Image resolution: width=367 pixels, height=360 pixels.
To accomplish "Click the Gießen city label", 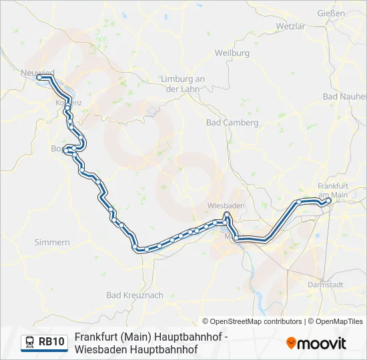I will (x=331, y=13).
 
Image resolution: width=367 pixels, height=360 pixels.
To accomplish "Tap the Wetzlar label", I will (x=290, y=26).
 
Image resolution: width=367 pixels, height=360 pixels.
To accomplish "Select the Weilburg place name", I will (x=232, y=53).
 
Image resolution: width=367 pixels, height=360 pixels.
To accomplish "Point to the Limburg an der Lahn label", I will (x=182, y=83).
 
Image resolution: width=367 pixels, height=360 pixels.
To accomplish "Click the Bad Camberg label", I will (x=232, y=123).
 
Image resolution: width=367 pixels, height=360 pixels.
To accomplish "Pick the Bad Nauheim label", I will (x=343, y=97).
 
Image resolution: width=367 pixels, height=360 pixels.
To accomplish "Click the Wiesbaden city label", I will (x=226, y=206).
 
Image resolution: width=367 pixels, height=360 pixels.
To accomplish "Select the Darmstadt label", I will (x=325, y=285).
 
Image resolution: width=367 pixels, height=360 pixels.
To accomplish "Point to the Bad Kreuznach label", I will (x=134, y=295).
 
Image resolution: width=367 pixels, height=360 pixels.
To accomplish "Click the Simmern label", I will (x=51, y=243).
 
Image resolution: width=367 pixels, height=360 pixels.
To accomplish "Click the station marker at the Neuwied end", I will (x=39, y=77).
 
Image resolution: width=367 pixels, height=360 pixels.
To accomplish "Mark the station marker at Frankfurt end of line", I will (x=328, y=200).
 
